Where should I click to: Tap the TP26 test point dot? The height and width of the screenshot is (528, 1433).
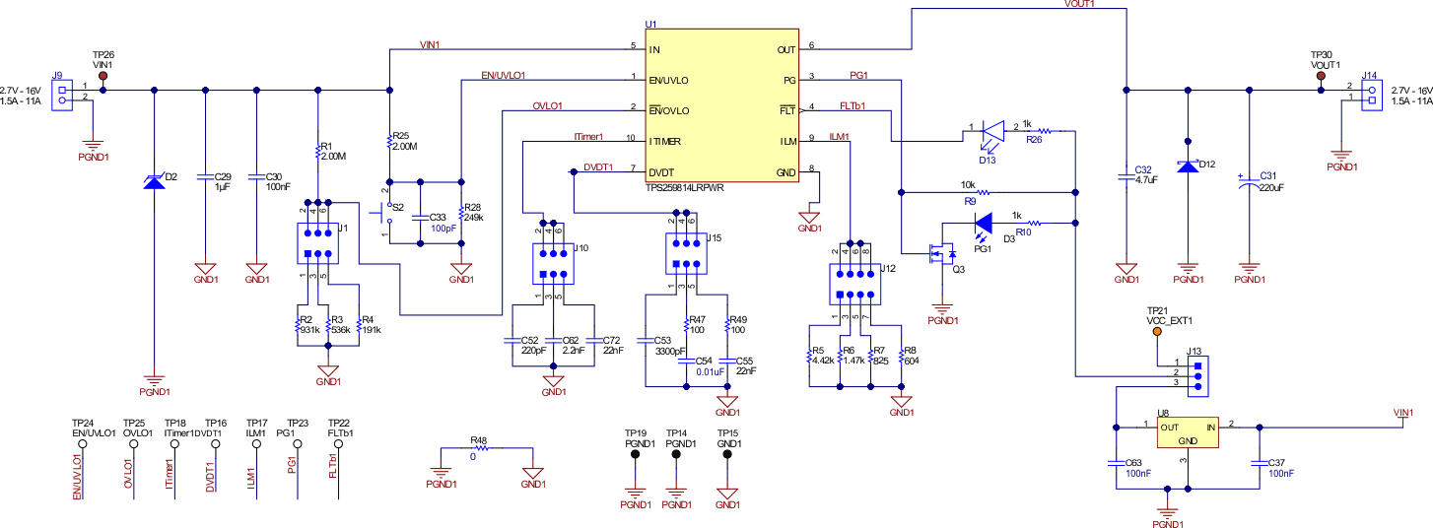pos(103,74)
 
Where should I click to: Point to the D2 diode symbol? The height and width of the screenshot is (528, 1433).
pos(154,180)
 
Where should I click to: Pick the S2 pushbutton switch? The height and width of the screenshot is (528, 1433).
pos(385,211)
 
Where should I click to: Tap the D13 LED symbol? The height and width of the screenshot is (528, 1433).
pos(991,129)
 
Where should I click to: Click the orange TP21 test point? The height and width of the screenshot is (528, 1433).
pos(1158,330)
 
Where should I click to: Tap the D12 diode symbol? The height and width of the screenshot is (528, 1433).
pos(1188,165)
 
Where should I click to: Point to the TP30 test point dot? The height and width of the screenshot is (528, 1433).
pos(1321,74)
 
